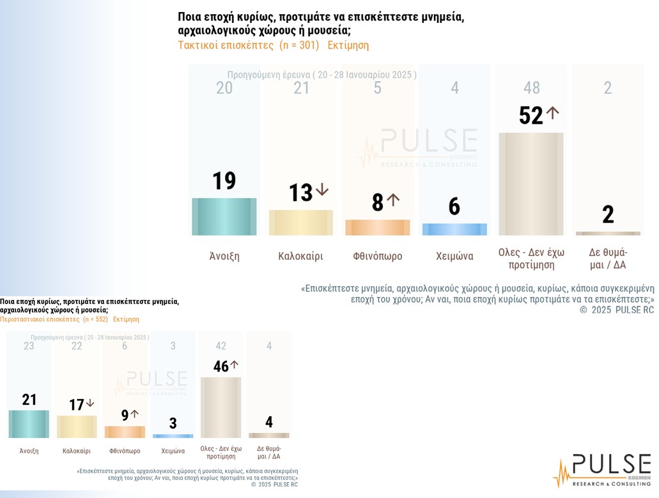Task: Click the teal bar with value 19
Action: [x=224, y=216]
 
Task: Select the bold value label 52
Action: [x=531, y=116]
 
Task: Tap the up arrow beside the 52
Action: [x=553, y=113]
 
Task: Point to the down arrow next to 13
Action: [x=322, y=190]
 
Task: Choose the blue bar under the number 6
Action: [x=454, y=229]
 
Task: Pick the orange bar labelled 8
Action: [x=378, y=227]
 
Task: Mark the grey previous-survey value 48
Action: [x=531, y=87]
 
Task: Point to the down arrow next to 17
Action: [x=90, y=403]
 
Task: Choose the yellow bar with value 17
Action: [x=77, y=426]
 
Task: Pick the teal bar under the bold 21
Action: [x=29, y=424]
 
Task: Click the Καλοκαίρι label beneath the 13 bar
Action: [x=300, y=256]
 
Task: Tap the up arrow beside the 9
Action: [x=134, y=414]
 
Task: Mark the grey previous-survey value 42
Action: [x=221, y=346]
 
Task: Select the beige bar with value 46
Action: [x=221, y=407]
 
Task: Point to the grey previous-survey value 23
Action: [x=29, y=346]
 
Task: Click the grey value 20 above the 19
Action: [x=224, y=87]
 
